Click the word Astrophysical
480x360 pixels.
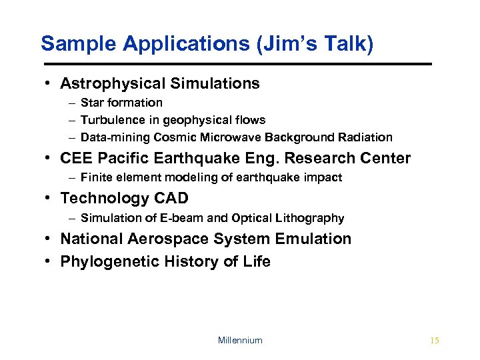[113, 83]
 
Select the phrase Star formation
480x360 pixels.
[121, 103]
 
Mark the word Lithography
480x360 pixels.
[313, 218]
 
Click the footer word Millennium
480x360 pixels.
[240, 340]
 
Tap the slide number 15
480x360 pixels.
[435, 340]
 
